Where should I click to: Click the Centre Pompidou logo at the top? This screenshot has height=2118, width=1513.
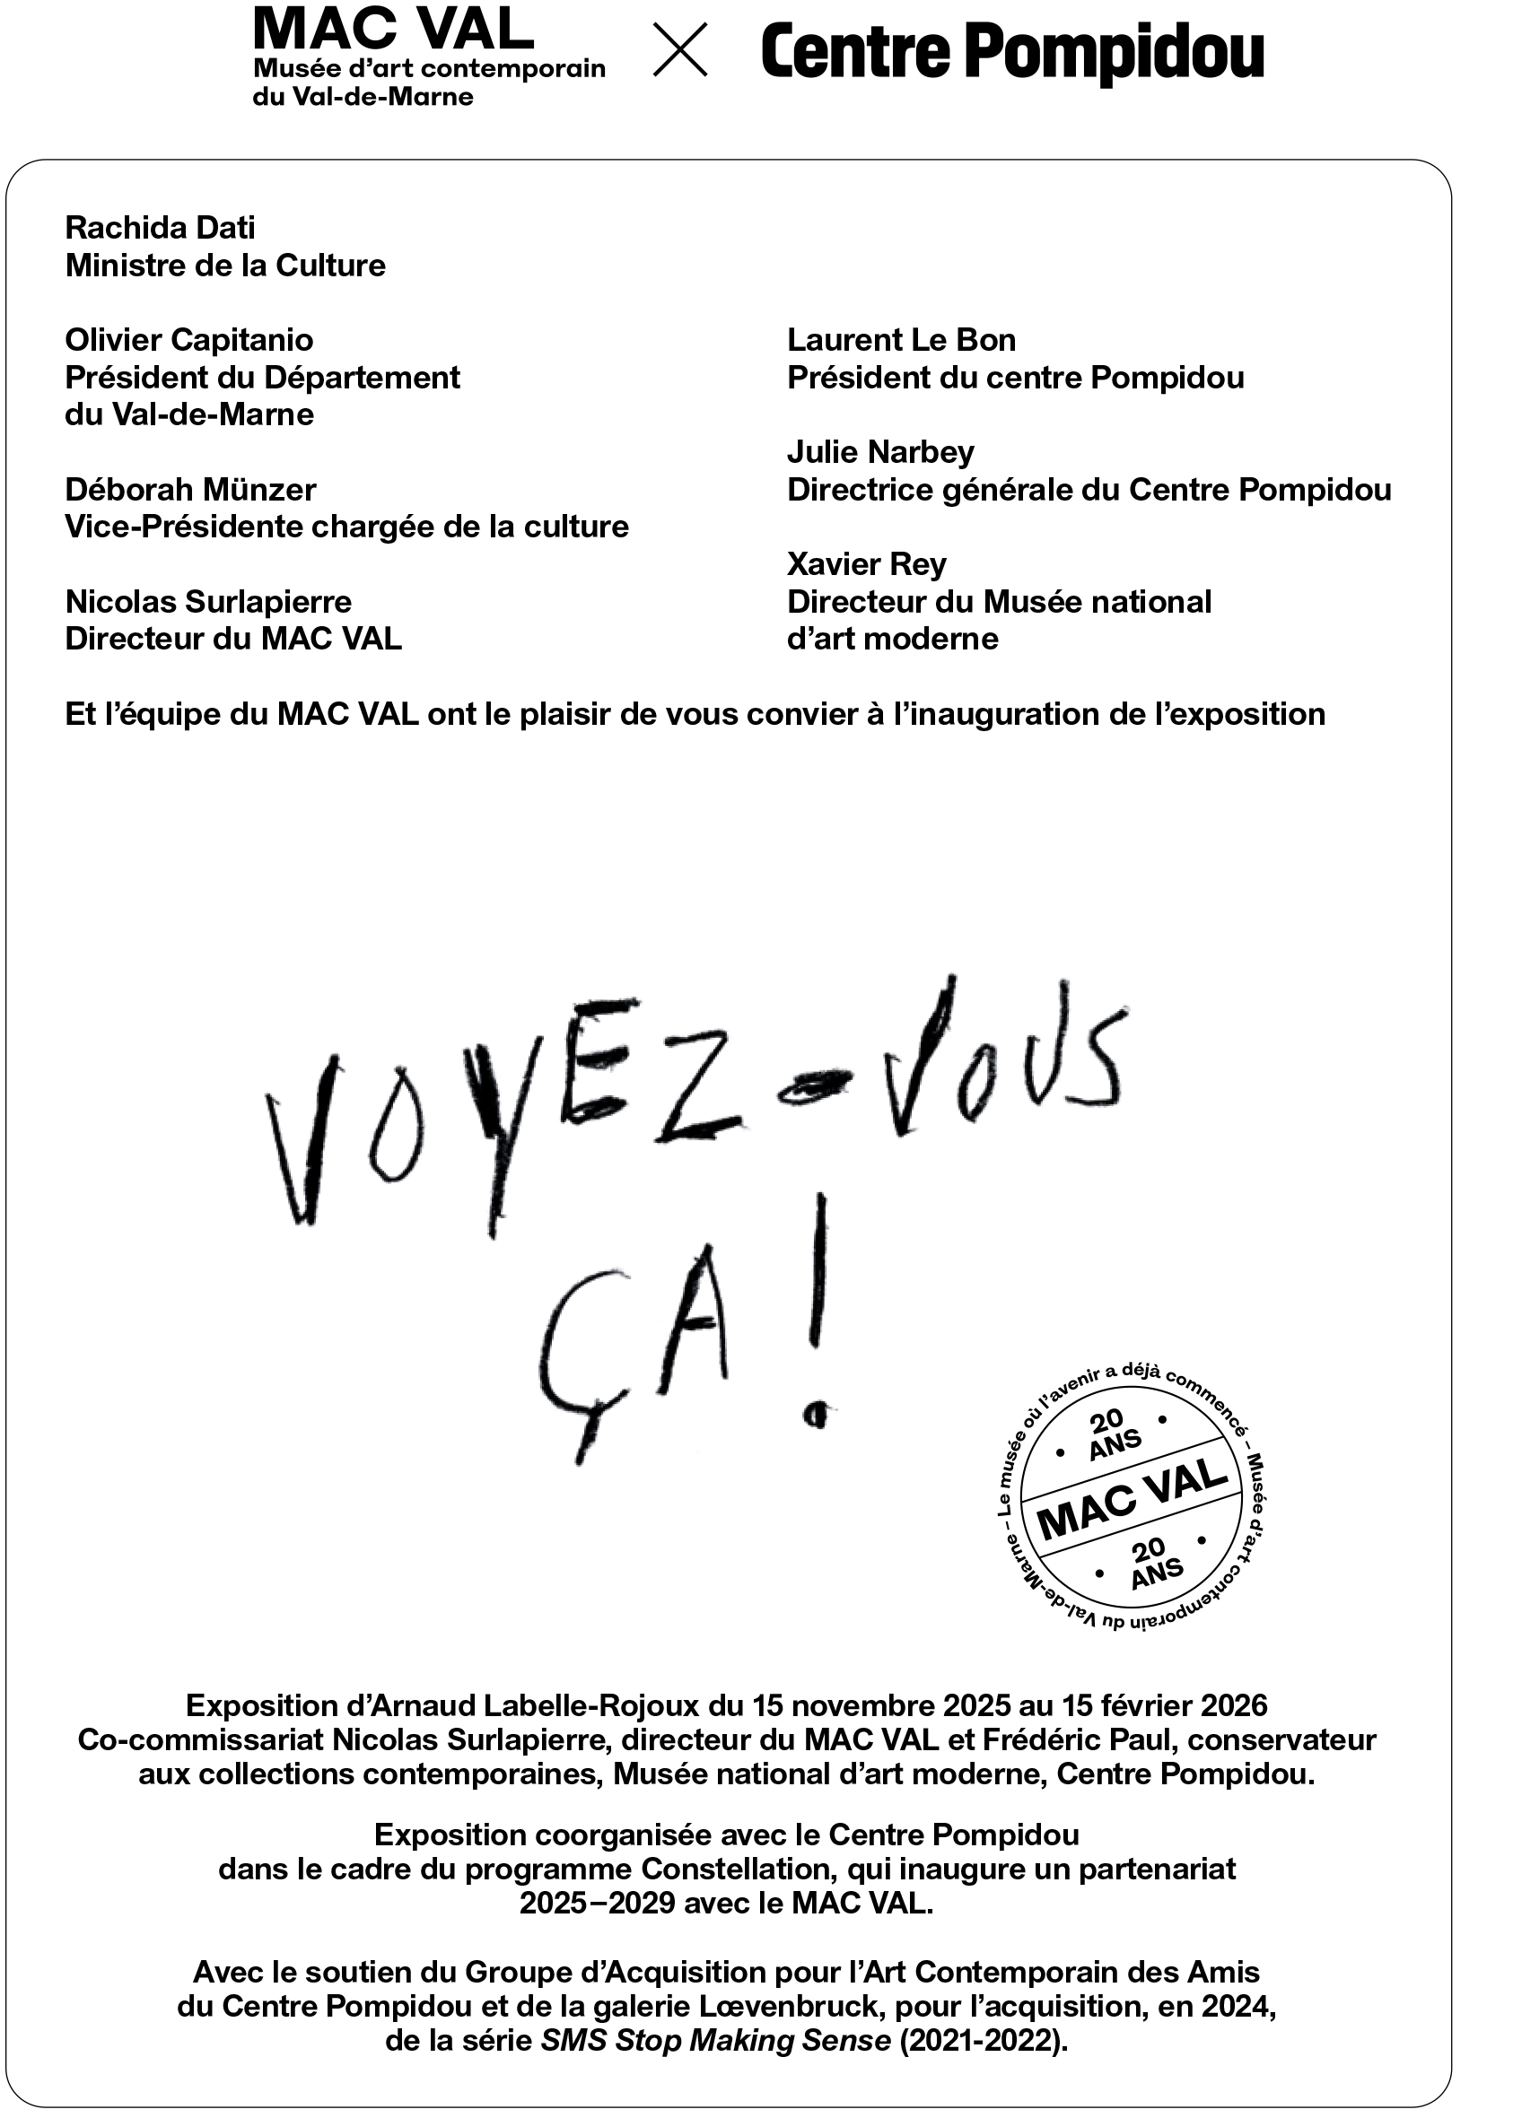(x=1011, y=53)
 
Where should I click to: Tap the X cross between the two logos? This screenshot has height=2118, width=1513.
(x=679, y=49)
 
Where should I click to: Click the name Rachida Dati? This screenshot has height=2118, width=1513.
(x=161, y=227)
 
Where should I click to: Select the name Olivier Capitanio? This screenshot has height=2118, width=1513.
(x=189, y=340)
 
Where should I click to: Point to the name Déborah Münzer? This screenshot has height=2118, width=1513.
(x=191, y=490)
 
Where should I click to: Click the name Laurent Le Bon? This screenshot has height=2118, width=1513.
(x=901, y=340)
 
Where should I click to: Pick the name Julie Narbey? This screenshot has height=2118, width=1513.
(x=880, y=452)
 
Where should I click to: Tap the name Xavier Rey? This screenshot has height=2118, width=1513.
(x=867, y=564)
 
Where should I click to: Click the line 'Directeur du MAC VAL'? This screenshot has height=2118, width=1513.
(x=233, y=639)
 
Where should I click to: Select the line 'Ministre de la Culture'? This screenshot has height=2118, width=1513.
(x=225, y=266)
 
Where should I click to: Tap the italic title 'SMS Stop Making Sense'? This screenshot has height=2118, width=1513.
(x=715, y=2041)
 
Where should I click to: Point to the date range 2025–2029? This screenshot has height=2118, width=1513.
(x=597, y=1903)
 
